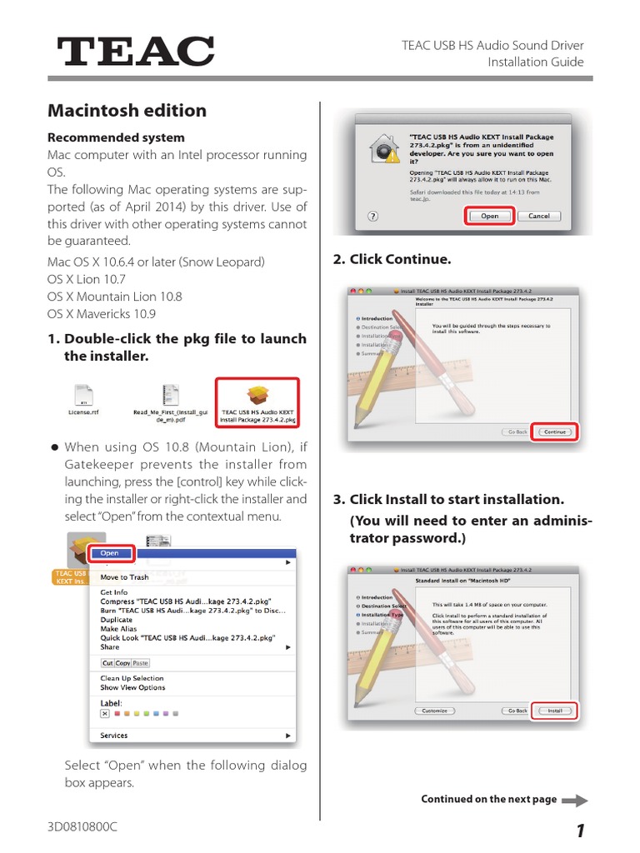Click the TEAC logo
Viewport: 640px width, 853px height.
point(136,52)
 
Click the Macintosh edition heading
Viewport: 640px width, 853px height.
point(127,110)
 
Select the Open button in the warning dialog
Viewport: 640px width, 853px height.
point(489,216)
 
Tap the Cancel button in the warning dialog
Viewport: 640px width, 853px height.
point(538,216)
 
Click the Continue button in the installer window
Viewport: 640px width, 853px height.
point(554,432)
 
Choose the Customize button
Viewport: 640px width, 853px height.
point(434,711)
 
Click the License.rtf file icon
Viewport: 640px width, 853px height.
point(83,396)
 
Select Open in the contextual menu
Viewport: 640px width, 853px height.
point(110,553)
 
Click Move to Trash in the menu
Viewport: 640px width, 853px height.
point(124,576)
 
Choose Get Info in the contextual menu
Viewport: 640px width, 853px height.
point(113,592)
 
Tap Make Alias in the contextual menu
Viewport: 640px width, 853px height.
point(119,629)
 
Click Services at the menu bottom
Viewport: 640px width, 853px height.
point(114,736)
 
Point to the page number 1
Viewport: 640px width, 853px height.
point(579,831)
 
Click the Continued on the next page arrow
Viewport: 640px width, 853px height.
point(574,800)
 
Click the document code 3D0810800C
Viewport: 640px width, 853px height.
point(82,828)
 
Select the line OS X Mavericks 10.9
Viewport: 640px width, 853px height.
point(102,314)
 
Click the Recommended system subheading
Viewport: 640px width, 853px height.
point(116,137)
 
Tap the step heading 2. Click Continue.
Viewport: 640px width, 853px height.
point(392,259)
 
